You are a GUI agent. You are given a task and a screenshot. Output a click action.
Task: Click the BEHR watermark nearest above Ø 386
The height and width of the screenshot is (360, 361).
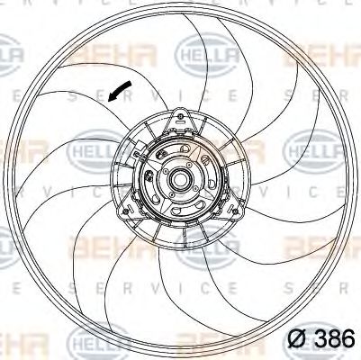pyautogui.click(x=311, y=244)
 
